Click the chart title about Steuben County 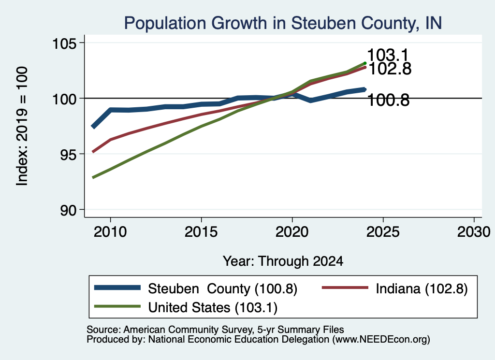(x=283, y=23)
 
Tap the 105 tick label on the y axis (x=64, y=43)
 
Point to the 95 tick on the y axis (x=69, y=155)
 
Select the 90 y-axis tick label (x=69, y=211)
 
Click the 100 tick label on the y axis (x=64, y=99)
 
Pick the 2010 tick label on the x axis (x=110, y=232)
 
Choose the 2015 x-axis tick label (x=201, y=232)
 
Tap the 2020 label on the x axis (x=292, y=232)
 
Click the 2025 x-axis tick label (x=383, y=232)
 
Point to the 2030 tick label (x=474, y=232)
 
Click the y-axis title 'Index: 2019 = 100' (x=22, y=126)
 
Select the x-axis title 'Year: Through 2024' (x=283, y=261)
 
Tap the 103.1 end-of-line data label (x=388, y=55)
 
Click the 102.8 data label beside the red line (x=390, y=69)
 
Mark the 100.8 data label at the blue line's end (x=388, y=101)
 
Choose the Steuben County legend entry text (x=222, y=288)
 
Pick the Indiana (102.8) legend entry (x=422, y=288)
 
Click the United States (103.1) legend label (x=213, y=308)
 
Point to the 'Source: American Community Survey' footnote (x=215, y=330)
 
